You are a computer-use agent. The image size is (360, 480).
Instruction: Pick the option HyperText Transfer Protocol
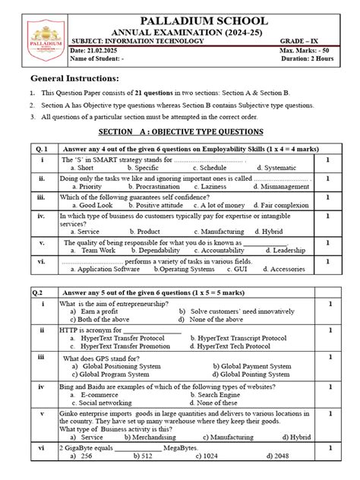click(120, 338)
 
